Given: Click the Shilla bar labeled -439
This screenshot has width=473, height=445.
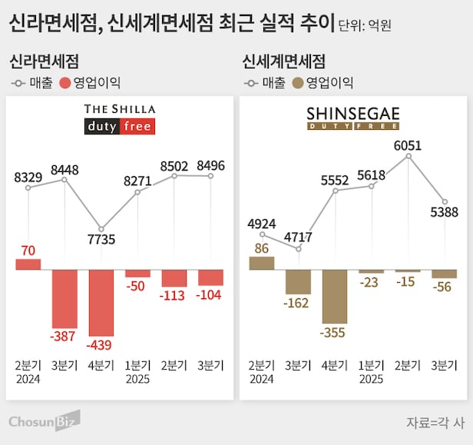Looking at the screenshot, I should click(101, 303).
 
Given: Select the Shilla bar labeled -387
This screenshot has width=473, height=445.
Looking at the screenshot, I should click(64, 299).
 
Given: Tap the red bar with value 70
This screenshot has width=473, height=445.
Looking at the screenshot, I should click(28, 264).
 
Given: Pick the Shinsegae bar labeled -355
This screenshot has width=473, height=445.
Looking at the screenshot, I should click(335, 297).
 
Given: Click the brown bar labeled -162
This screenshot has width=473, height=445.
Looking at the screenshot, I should click(298, 282).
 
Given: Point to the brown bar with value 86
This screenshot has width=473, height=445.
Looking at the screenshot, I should click(261, 263).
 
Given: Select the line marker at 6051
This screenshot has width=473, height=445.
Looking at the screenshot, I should click(408, 156).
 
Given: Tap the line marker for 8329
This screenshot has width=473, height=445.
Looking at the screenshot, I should click(28, 188).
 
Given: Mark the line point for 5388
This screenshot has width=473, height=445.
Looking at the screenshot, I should click(445, 201).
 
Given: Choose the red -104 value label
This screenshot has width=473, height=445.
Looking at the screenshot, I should click(210, 295).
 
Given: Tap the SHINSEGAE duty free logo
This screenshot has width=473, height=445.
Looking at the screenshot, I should click(353, 118).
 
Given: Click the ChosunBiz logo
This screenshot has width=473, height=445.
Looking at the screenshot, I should click(45, 420).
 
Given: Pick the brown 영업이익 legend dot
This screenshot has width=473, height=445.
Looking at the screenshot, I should click(296, 82).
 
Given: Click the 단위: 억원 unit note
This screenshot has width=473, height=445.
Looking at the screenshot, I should click(365, 25).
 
